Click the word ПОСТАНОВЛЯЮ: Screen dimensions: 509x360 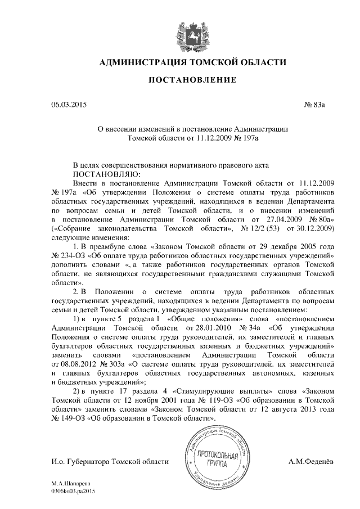[x=100, y=174]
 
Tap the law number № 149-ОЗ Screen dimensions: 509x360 [x=70, y=418]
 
